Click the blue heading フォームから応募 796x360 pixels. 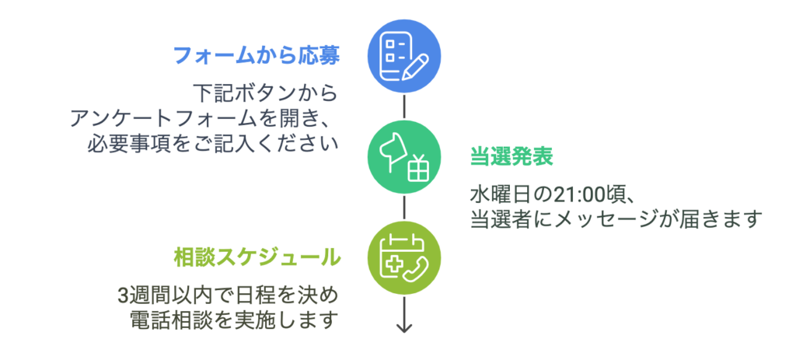coord(256,55)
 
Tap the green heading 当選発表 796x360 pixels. coord(511,156)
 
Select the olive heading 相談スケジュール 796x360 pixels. coord(256,256)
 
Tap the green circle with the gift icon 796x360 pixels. coord(403,156)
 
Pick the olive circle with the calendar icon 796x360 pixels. coord(403,257)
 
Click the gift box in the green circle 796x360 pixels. coord(418,167)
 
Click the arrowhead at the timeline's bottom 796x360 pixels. coord(403,327)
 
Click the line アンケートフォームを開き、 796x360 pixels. coord(204,119)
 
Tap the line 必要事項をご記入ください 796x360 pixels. coord(214,144)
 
